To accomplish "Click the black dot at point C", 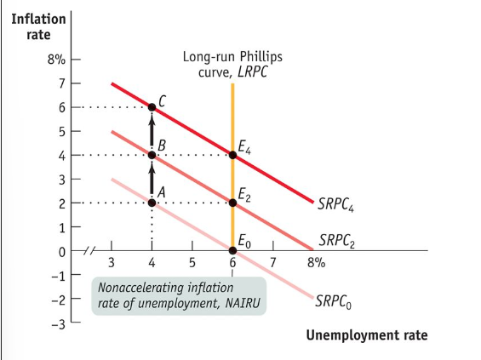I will pos(152,107).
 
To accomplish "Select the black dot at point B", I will pos(152,155).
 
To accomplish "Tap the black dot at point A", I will pos(152,203).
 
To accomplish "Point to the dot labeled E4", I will pos(232,155).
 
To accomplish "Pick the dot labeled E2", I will pos(232,203).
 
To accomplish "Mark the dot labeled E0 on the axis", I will pos(232,251).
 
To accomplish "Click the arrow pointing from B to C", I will pos(152,131).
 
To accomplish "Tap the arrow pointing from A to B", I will pos(152,179).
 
